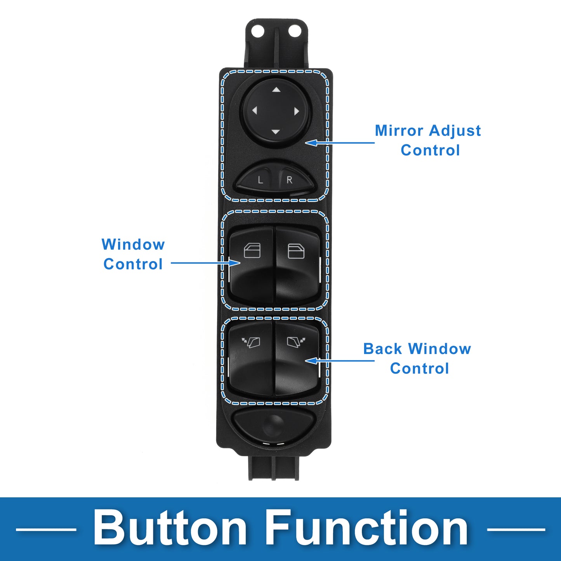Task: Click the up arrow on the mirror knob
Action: [x=276, y=90]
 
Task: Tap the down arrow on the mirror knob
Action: [x=276, y=132]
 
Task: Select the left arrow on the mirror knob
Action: [x=255, y=111]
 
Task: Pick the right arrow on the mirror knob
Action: [x=297, y=111]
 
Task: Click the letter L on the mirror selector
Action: [x=261, y=180]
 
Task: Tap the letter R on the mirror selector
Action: [x=289, y=180]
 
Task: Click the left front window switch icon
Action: [x=252, y=251]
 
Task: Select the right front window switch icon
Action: [x=296, y=251]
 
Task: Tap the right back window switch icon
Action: [x=296, y=342]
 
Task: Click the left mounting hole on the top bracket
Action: [x=257, y=31]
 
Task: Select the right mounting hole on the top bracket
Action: [x=295, y=31]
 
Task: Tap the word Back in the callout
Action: [x=382, y=349]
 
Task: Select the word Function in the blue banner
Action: [x=367, y=528]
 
